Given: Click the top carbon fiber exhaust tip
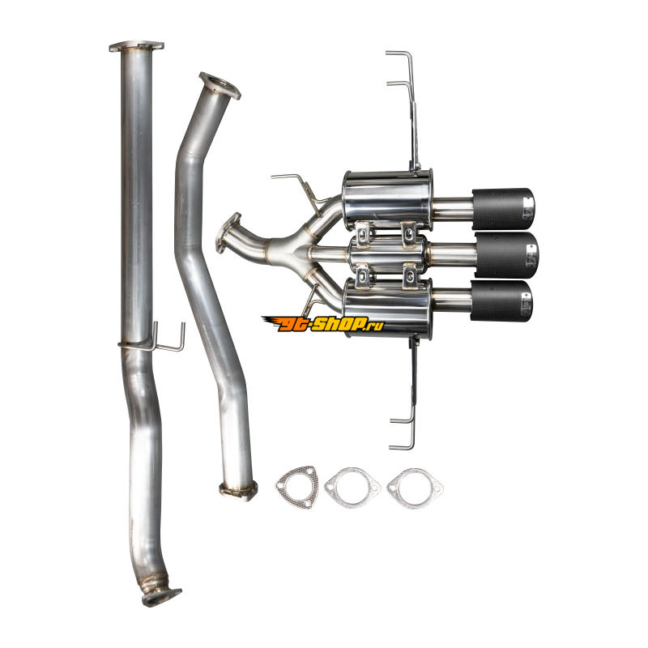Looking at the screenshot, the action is coord(503,209).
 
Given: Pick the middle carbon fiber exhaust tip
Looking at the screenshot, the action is coord(507,255).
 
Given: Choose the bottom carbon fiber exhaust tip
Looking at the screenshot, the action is coord(501,301).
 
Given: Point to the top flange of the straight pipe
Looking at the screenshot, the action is coord(136,46).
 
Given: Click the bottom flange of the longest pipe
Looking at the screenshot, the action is coord(160,597).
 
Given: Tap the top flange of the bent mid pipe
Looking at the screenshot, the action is coord(220,86).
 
